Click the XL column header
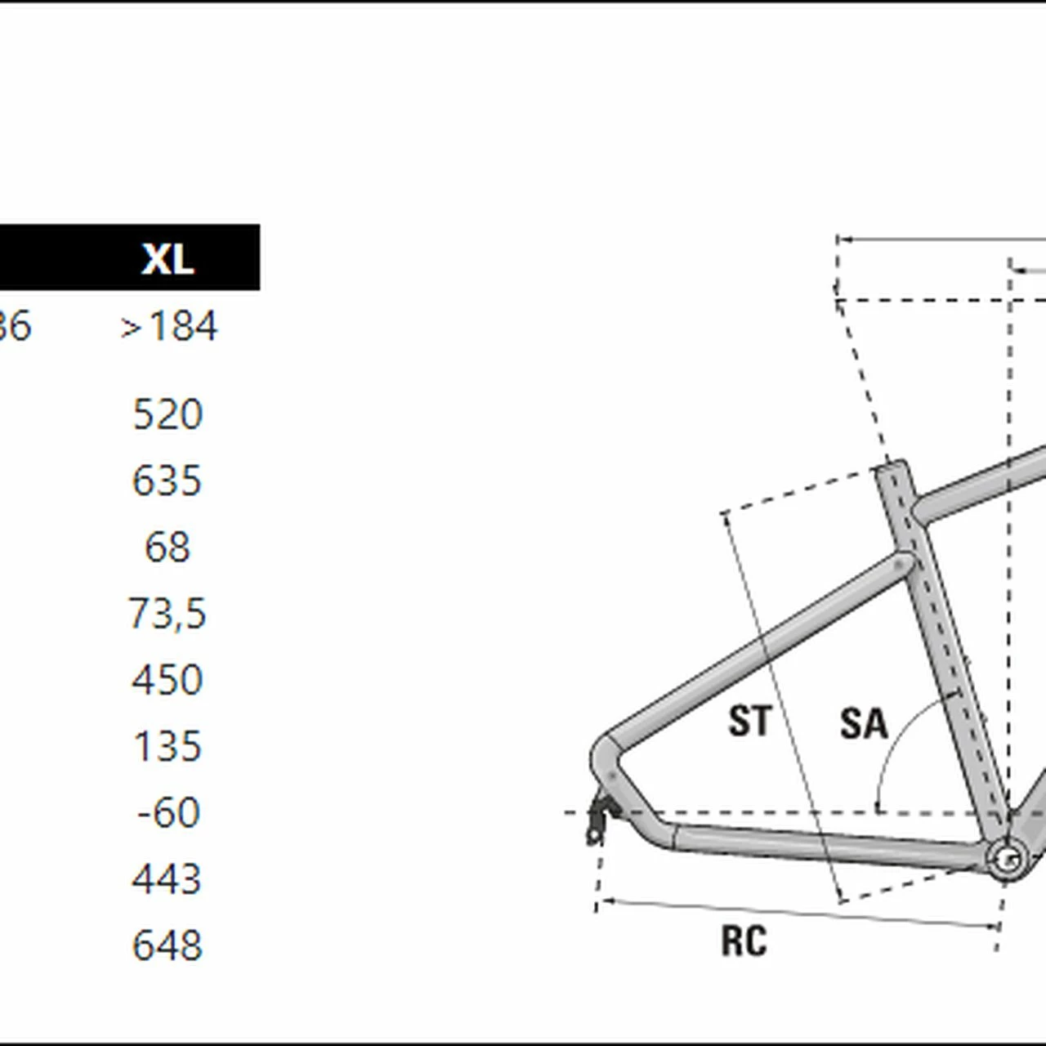pos(168,258)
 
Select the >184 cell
pos(168,327)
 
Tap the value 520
pos(168,414)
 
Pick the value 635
pos(167,481)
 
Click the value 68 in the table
pos(168,547)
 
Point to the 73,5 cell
pos(168,614)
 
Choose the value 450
pos(168,680)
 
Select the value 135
pos(168,746)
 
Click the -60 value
pos(168,812)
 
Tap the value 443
pos(168,879)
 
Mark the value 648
pos(168,945)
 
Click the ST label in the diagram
pos(749,722)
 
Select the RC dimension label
pos(744,941)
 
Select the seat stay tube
pos(760,646)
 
